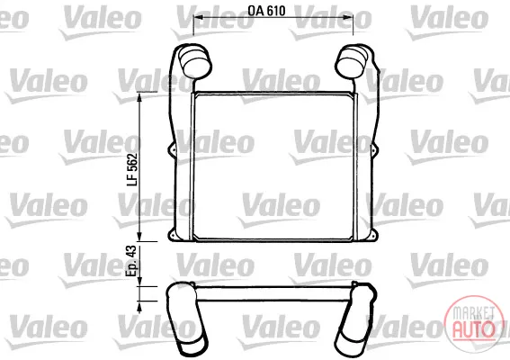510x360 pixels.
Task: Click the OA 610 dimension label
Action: pos(266,11)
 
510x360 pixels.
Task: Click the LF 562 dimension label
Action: pos(132,169)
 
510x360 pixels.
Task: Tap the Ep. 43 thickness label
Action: pos(132,261)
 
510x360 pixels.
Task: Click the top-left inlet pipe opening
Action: pos(196,63)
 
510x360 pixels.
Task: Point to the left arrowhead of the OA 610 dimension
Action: pos(197,17)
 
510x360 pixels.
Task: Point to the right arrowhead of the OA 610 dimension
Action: pos(349,17)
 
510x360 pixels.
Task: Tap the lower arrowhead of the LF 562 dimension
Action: pos(139,237)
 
